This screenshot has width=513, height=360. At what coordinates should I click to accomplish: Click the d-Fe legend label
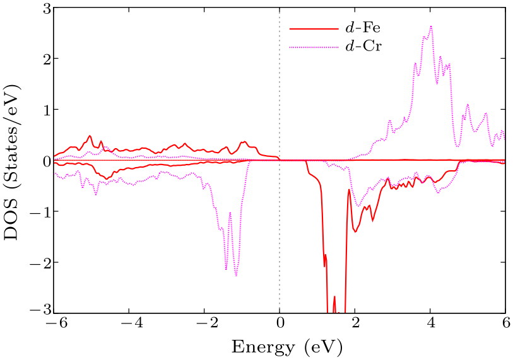point(362,28)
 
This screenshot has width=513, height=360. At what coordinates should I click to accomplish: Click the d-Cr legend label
point(362,46)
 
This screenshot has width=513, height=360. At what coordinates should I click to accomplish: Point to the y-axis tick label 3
point(38,8)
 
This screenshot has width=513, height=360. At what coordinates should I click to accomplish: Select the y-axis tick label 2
point(38,59)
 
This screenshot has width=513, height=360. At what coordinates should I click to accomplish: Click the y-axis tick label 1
point(38,110)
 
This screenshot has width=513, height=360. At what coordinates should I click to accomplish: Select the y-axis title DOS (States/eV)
point(14,161)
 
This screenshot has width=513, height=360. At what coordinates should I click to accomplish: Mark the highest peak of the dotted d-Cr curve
point(431,26)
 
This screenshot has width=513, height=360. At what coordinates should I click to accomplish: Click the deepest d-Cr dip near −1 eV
point(236,276)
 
